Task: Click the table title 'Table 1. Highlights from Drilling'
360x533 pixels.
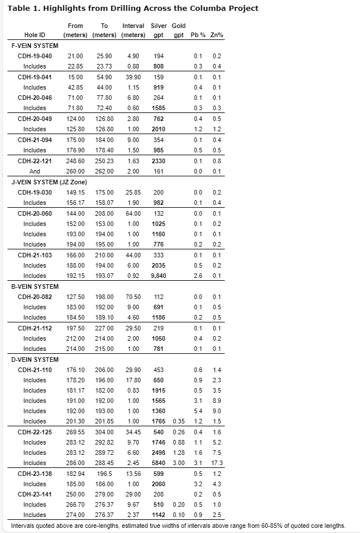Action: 132,8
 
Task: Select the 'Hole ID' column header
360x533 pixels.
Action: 35,35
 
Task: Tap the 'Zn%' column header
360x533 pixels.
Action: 217,35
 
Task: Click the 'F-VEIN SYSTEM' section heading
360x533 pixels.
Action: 35,46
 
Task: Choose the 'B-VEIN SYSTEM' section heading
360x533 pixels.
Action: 35,286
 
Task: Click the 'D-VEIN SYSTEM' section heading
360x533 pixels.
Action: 35,360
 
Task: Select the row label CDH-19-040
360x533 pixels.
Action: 35,56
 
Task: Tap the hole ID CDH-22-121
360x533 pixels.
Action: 35,161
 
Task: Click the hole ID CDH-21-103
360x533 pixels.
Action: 35,255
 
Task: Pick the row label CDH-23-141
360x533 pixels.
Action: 35,494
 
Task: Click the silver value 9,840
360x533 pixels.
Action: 158,276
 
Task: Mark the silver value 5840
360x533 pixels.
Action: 158,463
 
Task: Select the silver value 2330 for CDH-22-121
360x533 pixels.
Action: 158,161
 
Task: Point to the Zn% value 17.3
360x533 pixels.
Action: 217,463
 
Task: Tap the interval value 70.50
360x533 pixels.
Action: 133,297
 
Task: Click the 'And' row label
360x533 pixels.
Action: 35,171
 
